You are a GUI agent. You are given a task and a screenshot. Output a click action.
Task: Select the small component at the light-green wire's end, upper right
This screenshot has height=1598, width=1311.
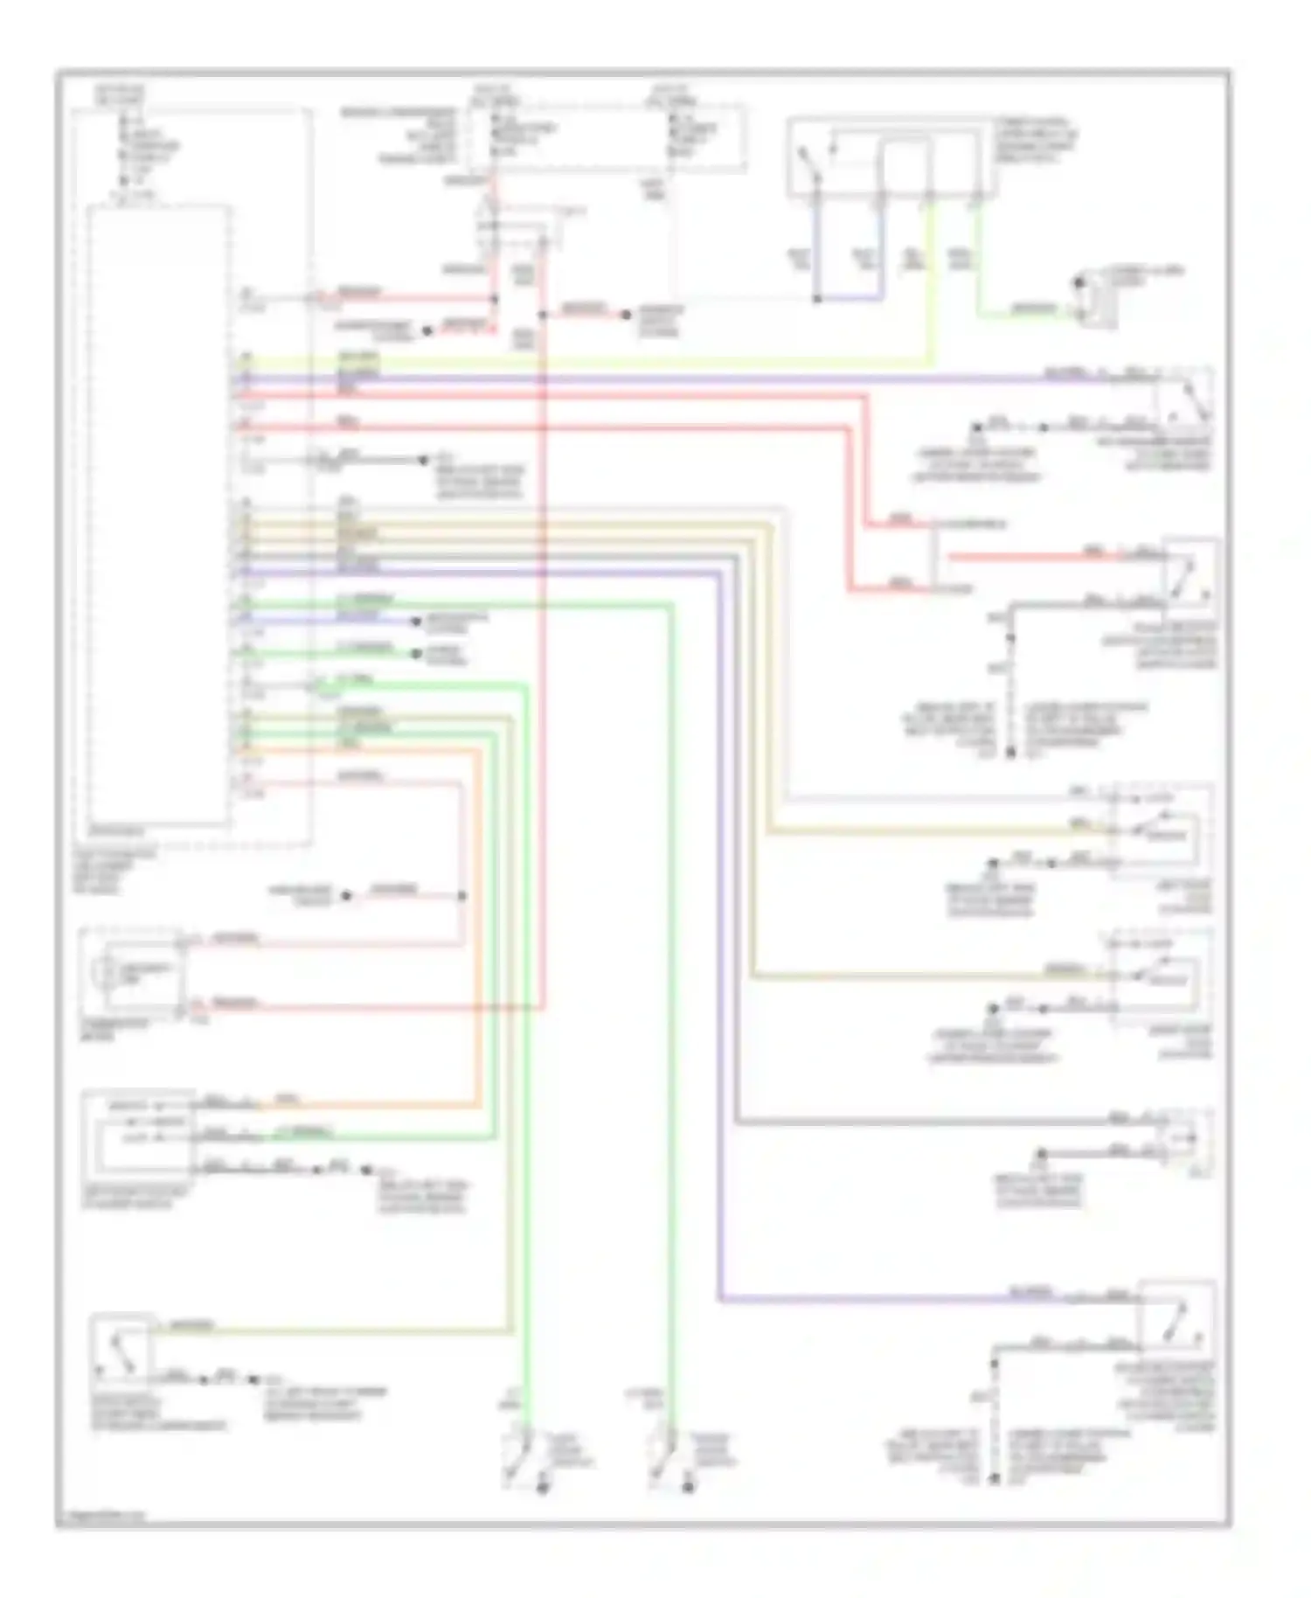coord(1092,302)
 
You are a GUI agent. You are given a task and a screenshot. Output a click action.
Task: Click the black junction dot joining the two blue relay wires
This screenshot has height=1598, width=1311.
coord(817,299)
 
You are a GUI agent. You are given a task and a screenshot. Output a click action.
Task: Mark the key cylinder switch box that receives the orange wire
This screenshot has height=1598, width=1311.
coord(139,1133)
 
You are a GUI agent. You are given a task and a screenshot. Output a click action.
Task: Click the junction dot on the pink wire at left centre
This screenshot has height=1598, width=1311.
coord(462,896)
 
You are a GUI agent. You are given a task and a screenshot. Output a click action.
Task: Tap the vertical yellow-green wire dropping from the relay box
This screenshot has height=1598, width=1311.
coord(931,280)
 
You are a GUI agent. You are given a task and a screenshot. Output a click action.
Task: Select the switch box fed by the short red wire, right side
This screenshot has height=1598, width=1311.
coord(1189,573)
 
